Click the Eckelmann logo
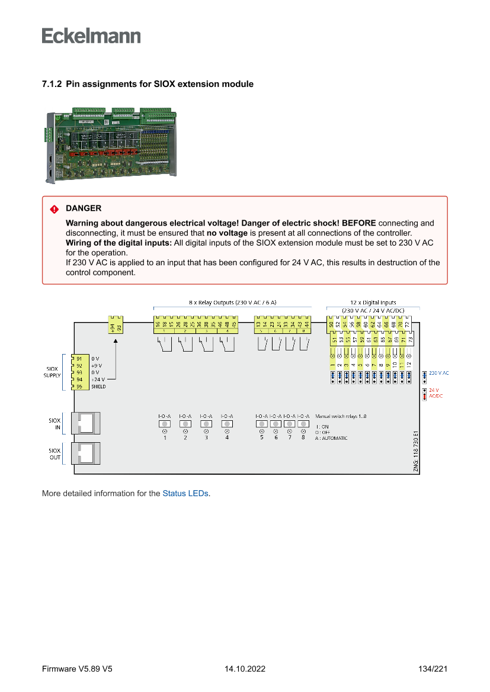(x=91, y=36)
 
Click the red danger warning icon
(x=54, y=209)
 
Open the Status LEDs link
(x=185, y=493)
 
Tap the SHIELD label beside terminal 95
(x=99, y=387)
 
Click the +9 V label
(x=97, y=366)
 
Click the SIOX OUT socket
(x=85, y=453)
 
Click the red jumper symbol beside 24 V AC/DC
(x=424, y=394)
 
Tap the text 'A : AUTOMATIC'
(x=331, y=438)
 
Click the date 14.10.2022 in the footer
(x=245, y=669)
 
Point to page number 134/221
(x=433, y=669)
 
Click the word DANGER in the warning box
(x=84, y=208)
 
